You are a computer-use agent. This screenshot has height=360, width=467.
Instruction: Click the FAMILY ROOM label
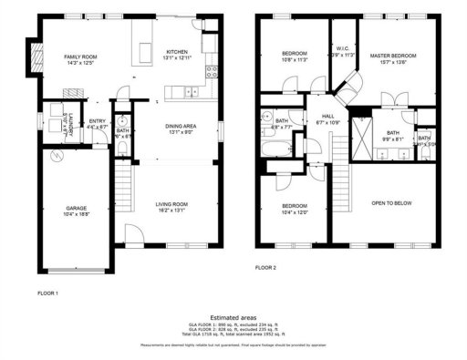point(79,57)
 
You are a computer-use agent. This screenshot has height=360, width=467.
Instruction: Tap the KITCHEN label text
point(177,52)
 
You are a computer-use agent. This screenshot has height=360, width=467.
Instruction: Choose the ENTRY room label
point(97,121)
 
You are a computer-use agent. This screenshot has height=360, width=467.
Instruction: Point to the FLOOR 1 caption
point(47,293)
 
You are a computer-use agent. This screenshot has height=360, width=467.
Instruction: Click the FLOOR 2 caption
point(265,267)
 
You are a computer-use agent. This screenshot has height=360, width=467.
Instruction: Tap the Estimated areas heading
point(233,316)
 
